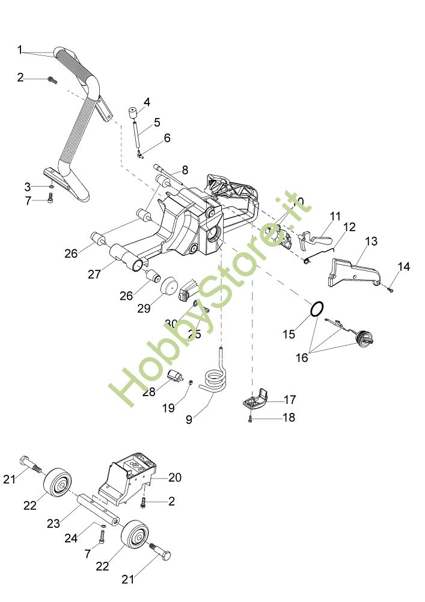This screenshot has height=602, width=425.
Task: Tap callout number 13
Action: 371,241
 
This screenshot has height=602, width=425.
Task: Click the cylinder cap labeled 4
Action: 133,114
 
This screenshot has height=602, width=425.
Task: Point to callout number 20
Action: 175,477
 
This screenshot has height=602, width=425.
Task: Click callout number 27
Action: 94,274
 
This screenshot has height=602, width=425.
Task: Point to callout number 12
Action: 349,228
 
